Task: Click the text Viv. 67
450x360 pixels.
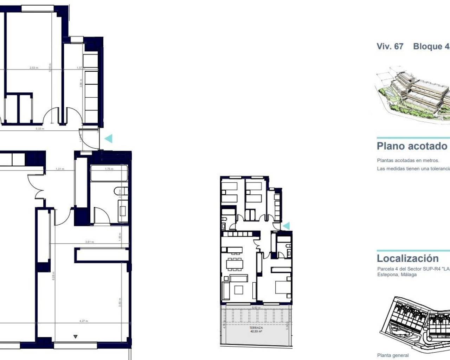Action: click(390, 46)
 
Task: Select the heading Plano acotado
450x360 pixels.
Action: click(412, 146)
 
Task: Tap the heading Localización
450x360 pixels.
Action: click(407, 258)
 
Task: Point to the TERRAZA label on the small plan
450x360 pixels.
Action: click(256, 328)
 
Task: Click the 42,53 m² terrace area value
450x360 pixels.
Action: click(256, 331)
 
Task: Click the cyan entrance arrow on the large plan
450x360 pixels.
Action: click(108, 139)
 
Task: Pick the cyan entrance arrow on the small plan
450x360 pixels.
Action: click(287, 226)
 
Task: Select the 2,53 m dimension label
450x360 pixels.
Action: click(34, 68)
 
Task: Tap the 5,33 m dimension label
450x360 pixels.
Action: click(40, 129)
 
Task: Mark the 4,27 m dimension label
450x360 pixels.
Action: click(84, 321)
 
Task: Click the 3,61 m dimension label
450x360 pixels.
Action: click(90, 242)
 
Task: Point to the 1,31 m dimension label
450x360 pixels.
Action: click(60, 169)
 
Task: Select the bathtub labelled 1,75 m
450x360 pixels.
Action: click(109, 173)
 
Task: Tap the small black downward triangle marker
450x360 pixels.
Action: click(75, 337)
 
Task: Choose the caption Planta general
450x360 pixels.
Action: click(393, 355)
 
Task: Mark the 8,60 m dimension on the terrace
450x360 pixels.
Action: click(256, 308)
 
